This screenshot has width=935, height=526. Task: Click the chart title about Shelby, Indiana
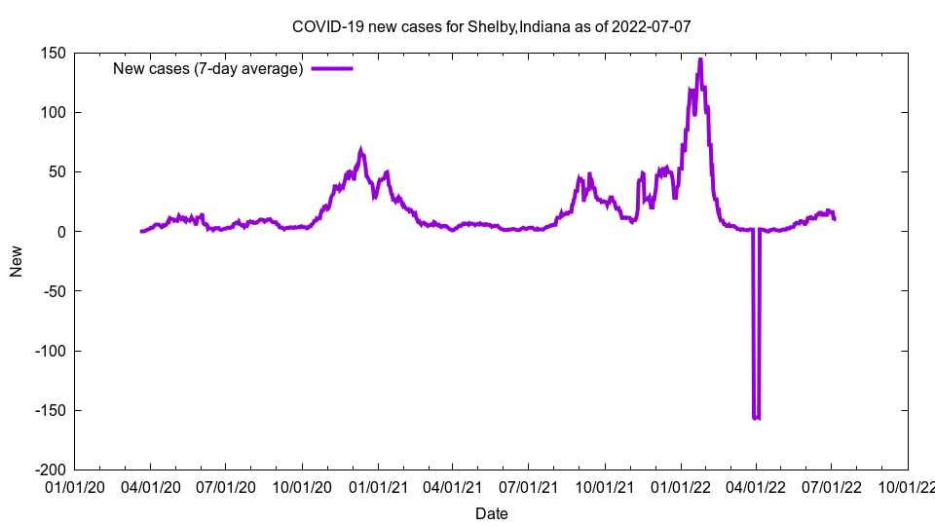click(x=491, y=26)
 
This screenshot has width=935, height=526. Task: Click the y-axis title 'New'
click(x=17, y=261)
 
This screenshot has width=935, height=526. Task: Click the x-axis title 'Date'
click(x=491, y=513)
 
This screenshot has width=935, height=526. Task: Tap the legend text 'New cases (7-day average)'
click(x=208, y=68)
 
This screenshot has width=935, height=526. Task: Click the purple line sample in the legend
click(x=331, y=68)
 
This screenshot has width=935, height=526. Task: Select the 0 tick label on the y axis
click(x=60, y=231)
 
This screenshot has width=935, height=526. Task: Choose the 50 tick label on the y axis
click(x=56, y=171)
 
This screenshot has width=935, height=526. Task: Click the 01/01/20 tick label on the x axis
click(x=74, y=486)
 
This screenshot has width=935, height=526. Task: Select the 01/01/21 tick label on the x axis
click(x=378, y=486)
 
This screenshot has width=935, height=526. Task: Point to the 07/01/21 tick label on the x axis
click(x=528, y=486)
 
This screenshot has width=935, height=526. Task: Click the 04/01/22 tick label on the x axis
click(x=755, y=486)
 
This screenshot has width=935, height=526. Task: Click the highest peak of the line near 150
click(x=700, y=59)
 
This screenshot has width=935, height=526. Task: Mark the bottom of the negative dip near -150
click(x=756, y=418)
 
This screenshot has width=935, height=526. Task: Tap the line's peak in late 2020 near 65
click(x=361, y=150)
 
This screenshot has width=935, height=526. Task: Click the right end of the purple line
click(x=835, y=219)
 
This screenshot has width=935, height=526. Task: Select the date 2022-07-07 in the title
click(x=652, y=26)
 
